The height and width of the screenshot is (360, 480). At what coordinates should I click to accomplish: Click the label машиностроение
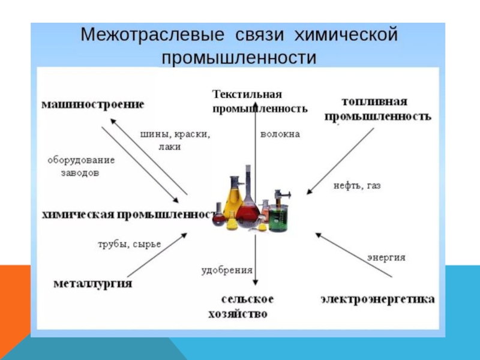(x=92, y=104)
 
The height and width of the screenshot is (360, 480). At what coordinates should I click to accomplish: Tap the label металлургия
(x=93, y=283)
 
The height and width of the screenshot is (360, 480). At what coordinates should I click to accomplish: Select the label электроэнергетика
(x=377, y=298)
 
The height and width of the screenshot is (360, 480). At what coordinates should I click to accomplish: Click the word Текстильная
(x=247, y=95)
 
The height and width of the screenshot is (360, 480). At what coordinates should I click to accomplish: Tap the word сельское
(x=247, y=299)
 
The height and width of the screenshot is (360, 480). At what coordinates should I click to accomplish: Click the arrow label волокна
(x=280, y=135)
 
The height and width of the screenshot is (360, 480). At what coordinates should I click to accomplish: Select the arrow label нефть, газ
(x=357, y=186)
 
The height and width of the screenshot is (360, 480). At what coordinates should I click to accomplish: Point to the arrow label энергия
(x=386, y=257)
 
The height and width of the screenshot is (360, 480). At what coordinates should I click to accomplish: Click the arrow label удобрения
(x=227, y=270)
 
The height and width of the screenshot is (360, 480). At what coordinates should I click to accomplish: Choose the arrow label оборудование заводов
(x=81, y=166)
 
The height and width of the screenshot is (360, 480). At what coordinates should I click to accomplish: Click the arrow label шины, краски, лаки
(x=175, y=140)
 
